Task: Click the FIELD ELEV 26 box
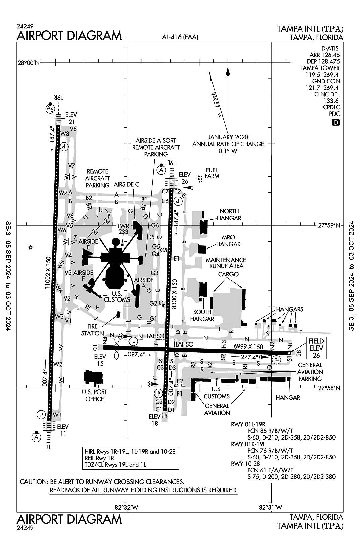click(316, 349)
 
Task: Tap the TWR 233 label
click(123, 229)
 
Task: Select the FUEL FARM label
click(212, 173)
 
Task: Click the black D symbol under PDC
click(336, 123)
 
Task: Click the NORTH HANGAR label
click(229, 214)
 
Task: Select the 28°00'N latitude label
click(29, 63)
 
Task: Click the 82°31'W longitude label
click(270, 507)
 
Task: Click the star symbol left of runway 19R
click(30, 248)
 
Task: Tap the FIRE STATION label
click(92, 330)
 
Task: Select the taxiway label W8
click(64, 134)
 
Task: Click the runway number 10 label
click(95, 348)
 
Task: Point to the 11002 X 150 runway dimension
click(48, 273)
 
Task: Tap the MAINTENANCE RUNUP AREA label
click(225, 263)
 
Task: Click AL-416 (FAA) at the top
click(179, 37)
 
